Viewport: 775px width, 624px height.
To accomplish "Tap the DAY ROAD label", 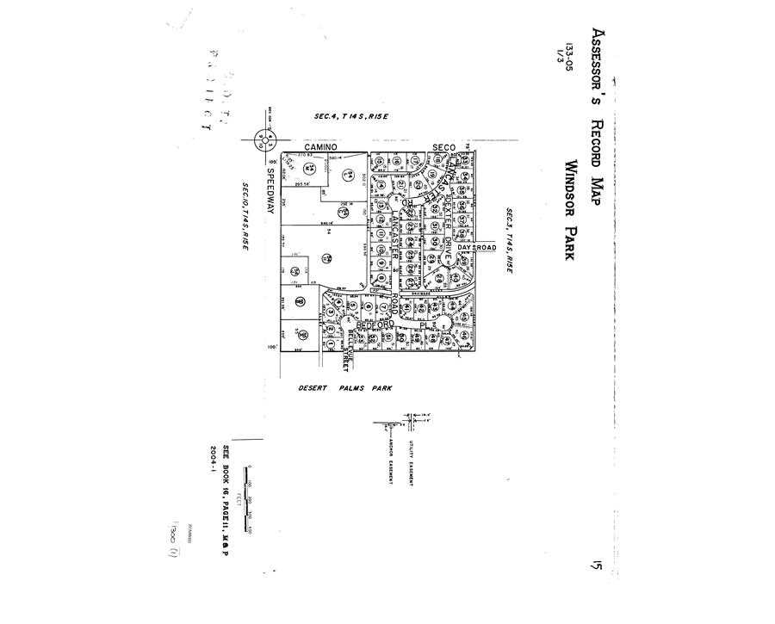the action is (x=478, y=248).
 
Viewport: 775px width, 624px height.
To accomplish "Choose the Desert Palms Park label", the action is (x=345, y=388).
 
